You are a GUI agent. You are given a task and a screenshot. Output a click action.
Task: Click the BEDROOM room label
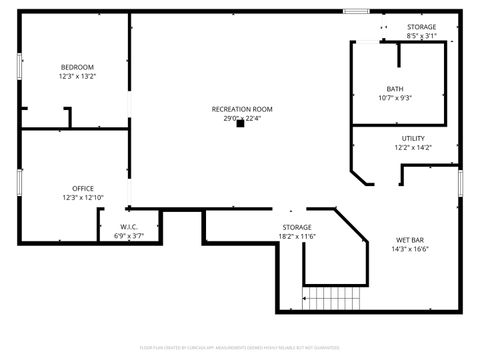click(76, 67)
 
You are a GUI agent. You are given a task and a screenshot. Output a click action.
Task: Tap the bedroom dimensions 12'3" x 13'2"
click(76, 76)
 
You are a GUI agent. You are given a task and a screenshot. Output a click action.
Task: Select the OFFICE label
click(82, 188)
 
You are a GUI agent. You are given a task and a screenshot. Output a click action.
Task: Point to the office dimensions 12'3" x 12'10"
click(82, 197)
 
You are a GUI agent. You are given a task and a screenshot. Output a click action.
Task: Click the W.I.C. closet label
click(129, 227)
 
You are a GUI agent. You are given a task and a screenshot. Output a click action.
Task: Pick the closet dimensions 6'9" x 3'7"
click(129, 236)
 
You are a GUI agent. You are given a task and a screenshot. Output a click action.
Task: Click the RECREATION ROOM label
click(241, 109)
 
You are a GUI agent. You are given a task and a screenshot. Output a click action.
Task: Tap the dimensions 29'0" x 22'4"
click(241, 118)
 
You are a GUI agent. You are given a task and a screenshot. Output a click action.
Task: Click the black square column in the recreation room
click(240, 125)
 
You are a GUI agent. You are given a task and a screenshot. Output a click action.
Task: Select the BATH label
click(395, 89)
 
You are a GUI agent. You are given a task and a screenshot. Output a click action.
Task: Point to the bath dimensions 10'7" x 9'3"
click(395, 98)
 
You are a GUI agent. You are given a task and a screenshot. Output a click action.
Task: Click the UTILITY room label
click(412, 138)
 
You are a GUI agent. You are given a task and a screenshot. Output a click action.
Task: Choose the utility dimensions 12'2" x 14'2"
click(412, 147)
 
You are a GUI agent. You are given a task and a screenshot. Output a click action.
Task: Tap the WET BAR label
click(411, 240)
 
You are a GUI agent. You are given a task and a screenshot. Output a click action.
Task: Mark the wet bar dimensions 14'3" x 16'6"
click(411, 249)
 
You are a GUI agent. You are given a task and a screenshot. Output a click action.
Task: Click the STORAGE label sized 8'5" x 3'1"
click(421, 27)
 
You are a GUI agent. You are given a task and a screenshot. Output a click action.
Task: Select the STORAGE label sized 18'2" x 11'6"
click(297, 227)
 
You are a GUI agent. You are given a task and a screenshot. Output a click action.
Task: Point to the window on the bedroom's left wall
click(19, 64)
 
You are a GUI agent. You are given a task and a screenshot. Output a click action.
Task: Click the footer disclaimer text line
click(240, 348)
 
